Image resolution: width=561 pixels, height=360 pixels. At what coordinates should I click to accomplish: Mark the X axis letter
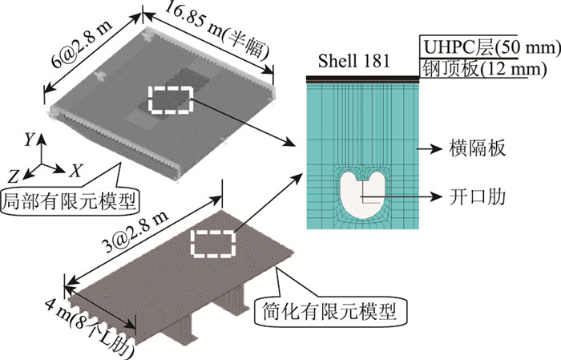76,171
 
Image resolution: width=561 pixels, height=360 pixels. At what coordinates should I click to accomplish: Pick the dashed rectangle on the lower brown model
212,242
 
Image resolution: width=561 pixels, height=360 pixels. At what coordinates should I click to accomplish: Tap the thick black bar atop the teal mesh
364,78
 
